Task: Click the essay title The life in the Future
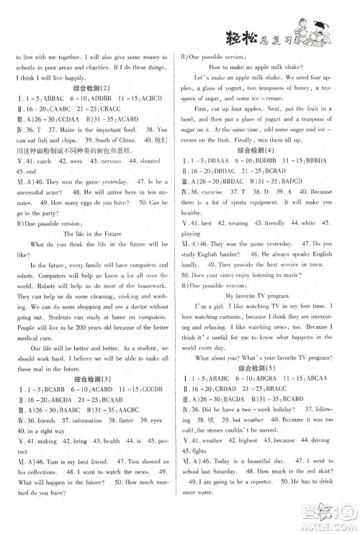click(x=95, y=234)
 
